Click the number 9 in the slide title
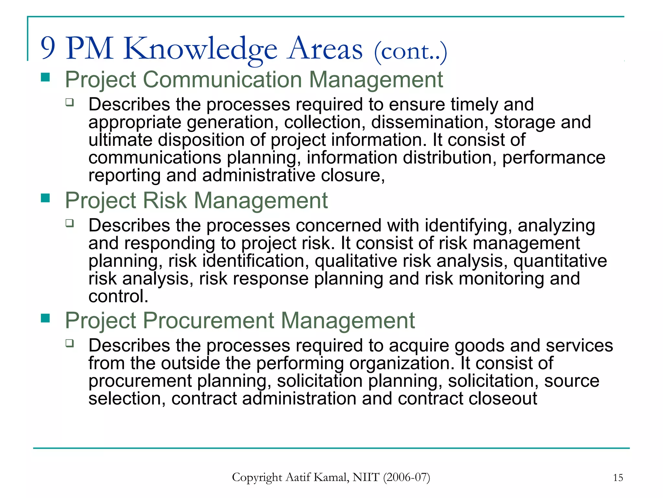(x=48, y=48)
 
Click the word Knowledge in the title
(x=200, y=49)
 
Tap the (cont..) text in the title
(x=410, y=52)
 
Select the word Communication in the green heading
(x=222, y=79)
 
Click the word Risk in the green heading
(x=165, y=200)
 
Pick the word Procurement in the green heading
(x=208, y=320)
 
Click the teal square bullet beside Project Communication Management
(x=45, y=77)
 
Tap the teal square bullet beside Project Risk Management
(x=45, y=198)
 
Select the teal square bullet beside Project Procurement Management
(x=45, y=318)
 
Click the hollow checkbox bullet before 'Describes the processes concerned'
(x=70, y=223)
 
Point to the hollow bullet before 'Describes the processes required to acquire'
(x=70, y=343)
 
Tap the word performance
(x=554, y=158)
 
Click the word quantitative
(x=560, y=261)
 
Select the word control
(x=118, y=296)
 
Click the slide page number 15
(x=618, y=478)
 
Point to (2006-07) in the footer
(x=406, y=477)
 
